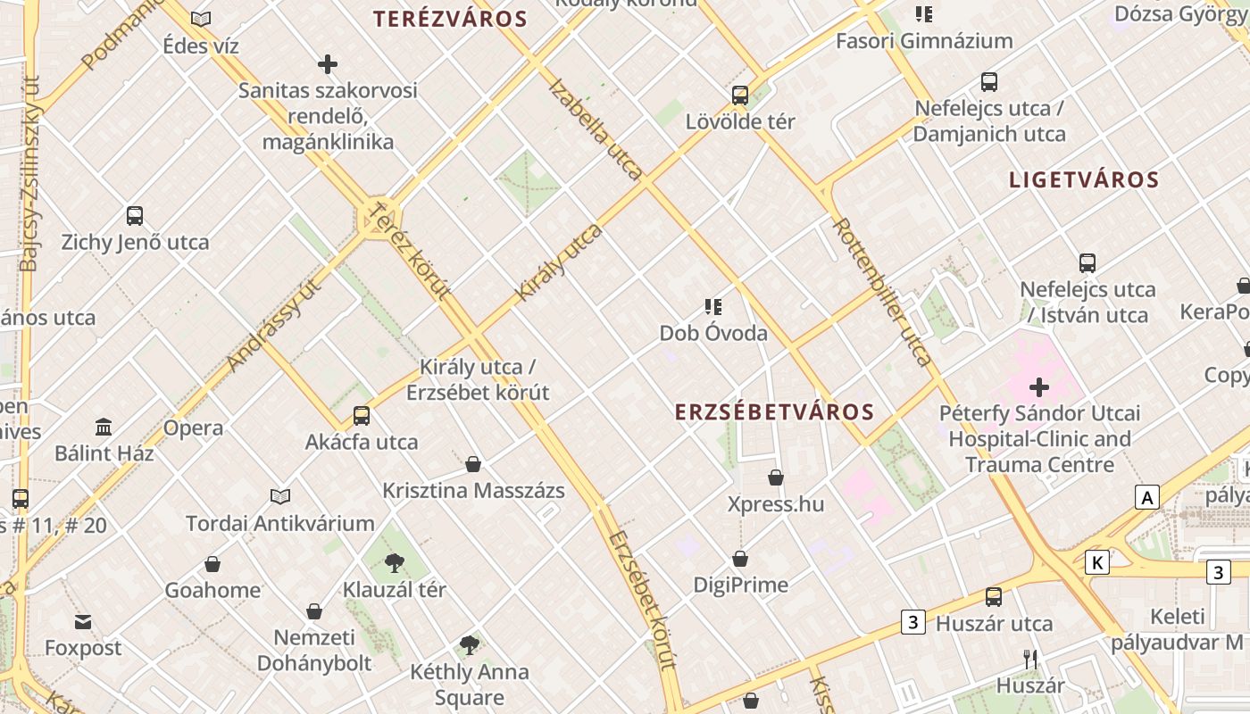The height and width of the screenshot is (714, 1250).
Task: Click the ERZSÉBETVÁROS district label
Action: click(773, 411)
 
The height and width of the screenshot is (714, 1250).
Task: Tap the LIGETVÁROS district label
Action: click(1084, 179)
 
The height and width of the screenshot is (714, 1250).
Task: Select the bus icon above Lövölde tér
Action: click(740, 95)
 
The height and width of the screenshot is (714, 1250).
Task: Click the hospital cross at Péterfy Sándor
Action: click(1039, 387)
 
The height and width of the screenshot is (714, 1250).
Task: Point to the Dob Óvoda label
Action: click(713, 333)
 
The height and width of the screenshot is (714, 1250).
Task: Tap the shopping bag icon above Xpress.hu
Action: click(776, 478)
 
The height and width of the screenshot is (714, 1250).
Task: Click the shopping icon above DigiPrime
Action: click(740, 560)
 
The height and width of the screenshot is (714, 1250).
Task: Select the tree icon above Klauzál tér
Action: click(394, 563)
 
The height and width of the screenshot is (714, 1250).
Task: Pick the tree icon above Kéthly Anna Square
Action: click(469, 645)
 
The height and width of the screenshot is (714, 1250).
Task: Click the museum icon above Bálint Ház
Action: click(104, 428)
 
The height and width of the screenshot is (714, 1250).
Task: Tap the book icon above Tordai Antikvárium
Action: click(280, 496)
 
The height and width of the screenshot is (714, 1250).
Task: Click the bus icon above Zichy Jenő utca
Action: click(135, 216)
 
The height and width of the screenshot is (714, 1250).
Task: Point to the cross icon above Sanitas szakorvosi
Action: click(328, 64)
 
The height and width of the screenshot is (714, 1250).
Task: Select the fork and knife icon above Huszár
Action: click(1030, 660)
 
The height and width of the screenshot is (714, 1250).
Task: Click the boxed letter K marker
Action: click(1097, 562)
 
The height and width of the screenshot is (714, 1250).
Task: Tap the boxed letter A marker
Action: click(1147, 497)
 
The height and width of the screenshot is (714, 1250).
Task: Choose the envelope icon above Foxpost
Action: click(83, 621)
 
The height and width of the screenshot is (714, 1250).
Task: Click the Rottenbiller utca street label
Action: click(882, 291)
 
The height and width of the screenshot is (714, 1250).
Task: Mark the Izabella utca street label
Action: click(596, 129)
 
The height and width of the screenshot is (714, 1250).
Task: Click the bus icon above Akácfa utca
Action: click(362, 416)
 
